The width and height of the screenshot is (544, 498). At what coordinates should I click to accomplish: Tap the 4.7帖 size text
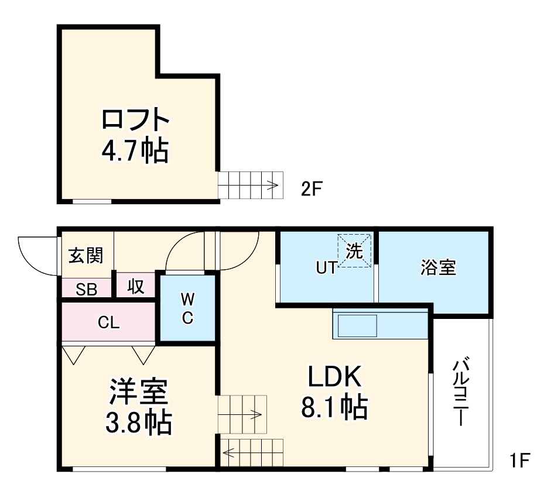(x=135, y=150)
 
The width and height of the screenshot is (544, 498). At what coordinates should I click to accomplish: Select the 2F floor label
(x=312, y=189)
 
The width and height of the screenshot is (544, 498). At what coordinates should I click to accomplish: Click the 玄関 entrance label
(x=85, y=255)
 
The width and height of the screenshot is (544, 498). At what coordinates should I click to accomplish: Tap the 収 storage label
(x=136, y=287)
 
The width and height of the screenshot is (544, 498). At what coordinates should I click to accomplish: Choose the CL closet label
(x=109, y=322)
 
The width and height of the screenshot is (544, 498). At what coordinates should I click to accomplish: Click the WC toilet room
(x=187, y=309)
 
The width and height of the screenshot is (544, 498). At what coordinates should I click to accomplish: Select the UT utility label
(x=326, y=268)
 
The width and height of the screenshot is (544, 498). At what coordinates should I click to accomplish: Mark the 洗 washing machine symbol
(x=354, y=251)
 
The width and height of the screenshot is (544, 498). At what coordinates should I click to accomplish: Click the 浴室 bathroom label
(x=438, y=268)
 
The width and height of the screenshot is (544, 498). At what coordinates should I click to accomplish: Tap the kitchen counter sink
(x=357, y=325)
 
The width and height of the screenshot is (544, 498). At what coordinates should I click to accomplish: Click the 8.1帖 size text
(x=334, y=407)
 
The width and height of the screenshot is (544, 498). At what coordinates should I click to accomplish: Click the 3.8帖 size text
(x=138, y=422)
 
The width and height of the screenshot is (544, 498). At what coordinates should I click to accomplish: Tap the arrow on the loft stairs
(x=271, y=186)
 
